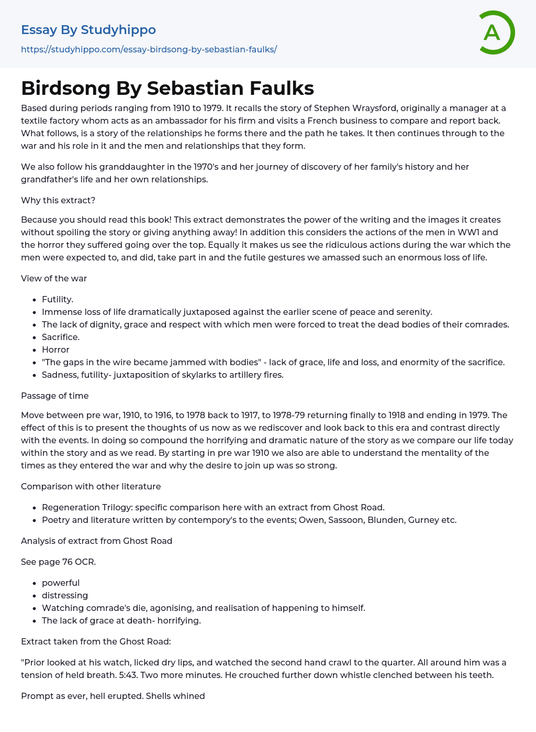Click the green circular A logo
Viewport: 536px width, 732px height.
496,32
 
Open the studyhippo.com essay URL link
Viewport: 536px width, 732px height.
149,50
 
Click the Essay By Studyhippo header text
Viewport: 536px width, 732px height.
88,30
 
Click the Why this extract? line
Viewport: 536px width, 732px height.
58,201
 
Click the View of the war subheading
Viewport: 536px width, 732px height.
54,279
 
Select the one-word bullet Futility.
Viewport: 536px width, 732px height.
58,300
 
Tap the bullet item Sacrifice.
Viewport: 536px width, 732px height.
61,337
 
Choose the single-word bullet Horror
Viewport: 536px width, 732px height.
55,350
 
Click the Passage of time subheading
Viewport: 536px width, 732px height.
55,396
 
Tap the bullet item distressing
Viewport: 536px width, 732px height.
65,596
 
